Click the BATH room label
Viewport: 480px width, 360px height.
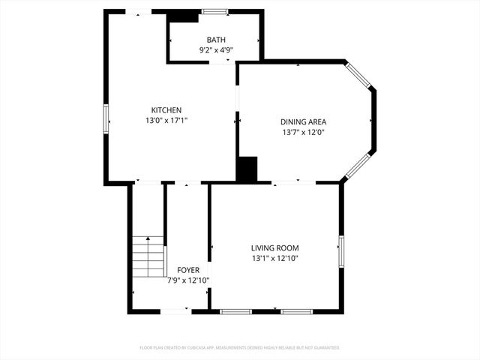coord(216,40)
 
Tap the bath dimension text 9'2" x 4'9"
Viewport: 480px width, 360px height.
coord(216,50)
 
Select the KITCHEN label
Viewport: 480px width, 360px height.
coord(166,110)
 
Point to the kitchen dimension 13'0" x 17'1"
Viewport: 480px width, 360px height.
coord(166,120)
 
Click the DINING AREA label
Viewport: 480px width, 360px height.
coord(303,121)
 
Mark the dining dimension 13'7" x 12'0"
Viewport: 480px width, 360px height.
coord(303,132)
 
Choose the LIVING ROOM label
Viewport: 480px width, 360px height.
coord(274,247)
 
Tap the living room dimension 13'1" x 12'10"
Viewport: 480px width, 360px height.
coord(274,258)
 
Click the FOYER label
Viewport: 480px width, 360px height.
coord(187,269)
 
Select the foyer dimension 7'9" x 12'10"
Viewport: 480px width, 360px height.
coord(187,280)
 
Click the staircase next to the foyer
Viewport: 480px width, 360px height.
coord(149,256)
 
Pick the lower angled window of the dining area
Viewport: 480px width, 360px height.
coord(358,166)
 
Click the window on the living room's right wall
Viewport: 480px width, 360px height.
coord(340,250)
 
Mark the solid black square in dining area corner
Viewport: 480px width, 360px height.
coord(247,169)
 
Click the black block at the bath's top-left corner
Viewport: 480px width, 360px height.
coord(181,16)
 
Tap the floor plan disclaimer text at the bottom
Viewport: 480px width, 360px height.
coord(240,347)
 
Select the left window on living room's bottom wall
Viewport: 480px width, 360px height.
coord(235,310)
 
